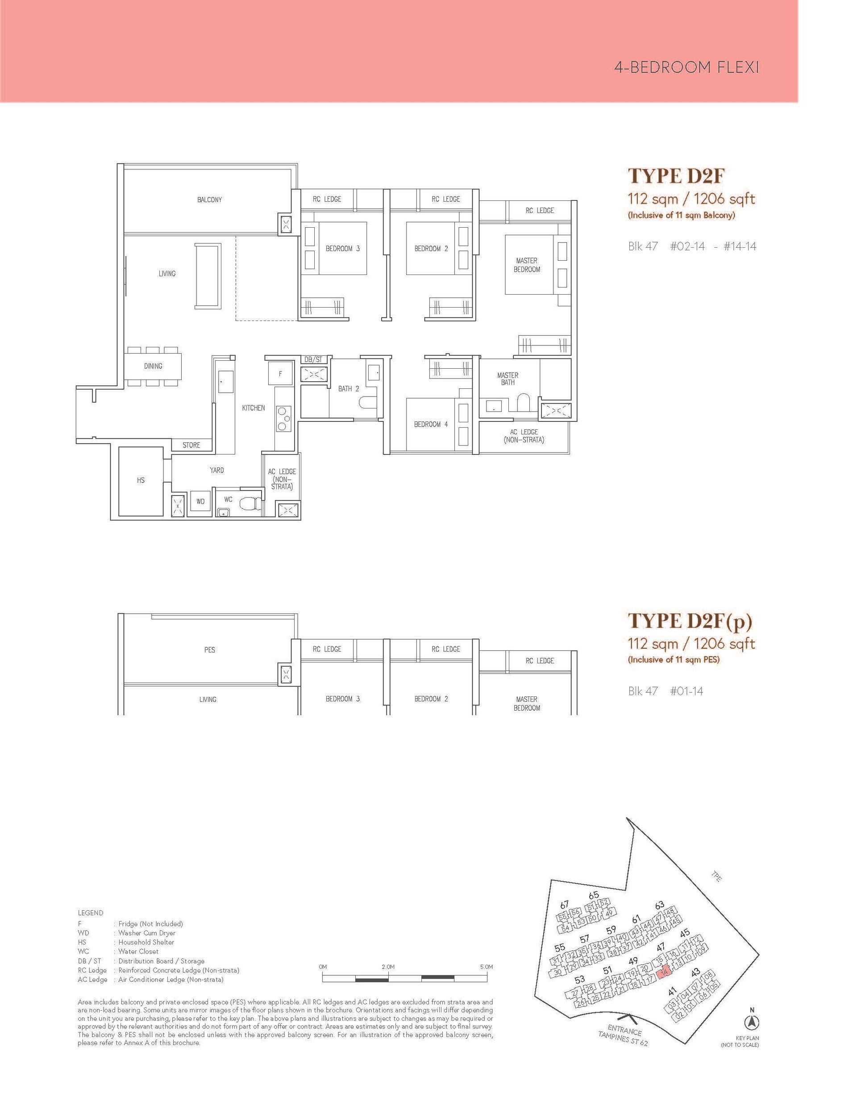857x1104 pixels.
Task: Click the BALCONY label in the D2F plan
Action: point(209,200)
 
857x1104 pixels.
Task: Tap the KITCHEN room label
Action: point(253,408)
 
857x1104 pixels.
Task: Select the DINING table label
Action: point(153,366)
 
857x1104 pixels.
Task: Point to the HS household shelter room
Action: point(141,480)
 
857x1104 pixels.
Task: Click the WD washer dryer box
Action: point(200,501)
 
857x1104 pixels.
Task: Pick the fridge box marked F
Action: point(280,374)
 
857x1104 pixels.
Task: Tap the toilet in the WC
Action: point(249,504)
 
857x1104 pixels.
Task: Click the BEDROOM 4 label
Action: point(431,424)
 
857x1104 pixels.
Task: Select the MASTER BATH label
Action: point(508,379)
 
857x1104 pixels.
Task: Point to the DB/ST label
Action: point(313,359)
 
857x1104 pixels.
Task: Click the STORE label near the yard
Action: point(191,445)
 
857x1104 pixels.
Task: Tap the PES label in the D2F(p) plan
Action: point(209,650)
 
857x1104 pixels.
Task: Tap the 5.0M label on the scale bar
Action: point(486,967)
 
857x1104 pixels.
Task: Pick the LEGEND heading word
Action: point(91,912)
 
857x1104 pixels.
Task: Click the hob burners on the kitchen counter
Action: point(283,418)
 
